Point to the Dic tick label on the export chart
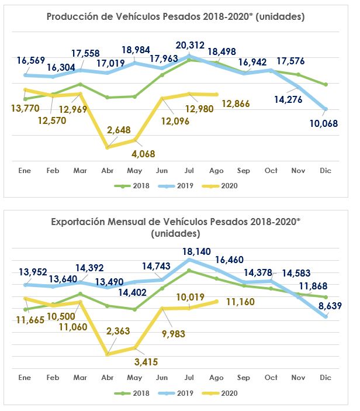[x=326, y=378]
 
